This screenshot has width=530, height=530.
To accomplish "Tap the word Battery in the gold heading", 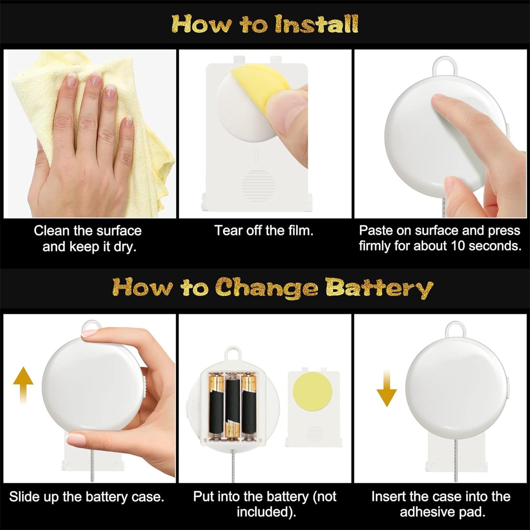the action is [x=379, y=288].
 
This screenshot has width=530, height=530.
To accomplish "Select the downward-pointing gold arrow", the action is [x=387, y=389].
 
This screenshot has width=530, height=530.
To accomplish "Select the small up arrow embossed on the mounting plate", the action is [x=256, y=155].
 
